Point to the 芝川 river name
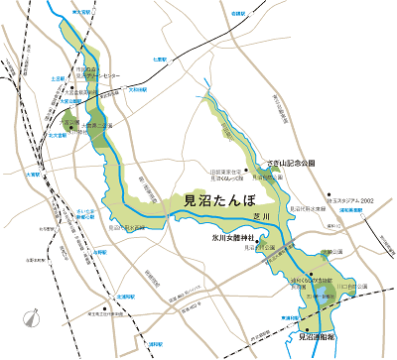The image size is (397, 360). pos(262,211)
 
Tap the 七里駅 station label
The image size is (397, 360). pos(163,60)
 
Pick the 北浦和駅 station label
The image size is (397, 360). pos(125,296)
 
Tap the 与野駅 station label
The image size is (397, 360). pos(99,252)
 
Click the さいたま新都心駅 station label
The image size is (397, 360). pos(58,214)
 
